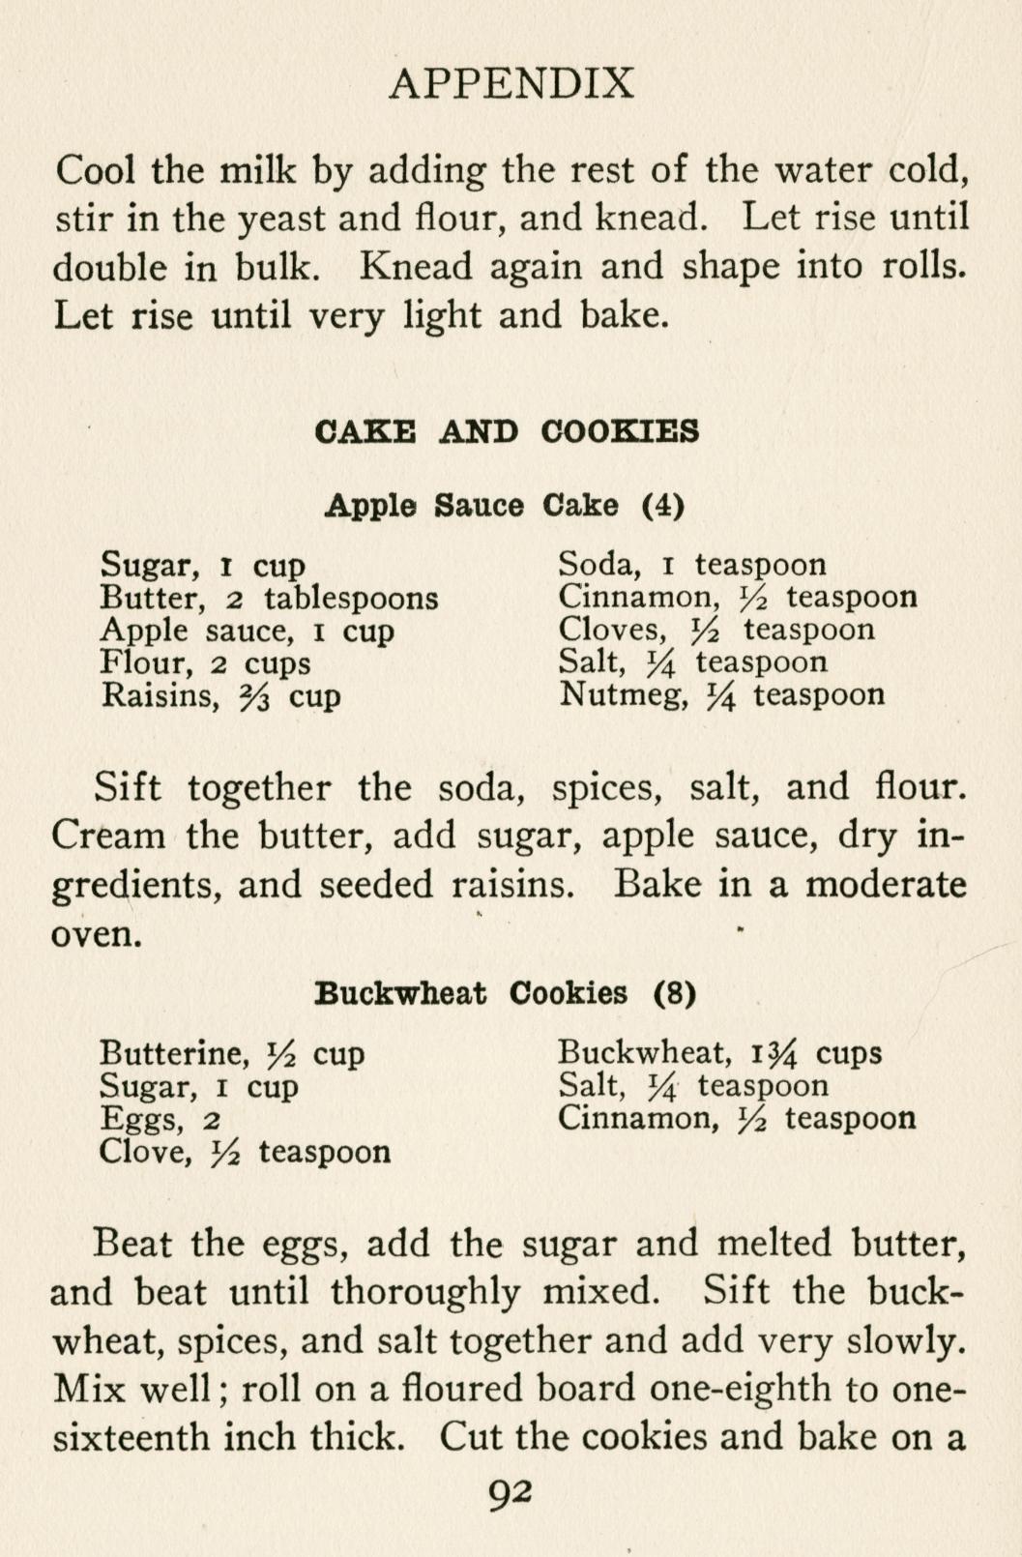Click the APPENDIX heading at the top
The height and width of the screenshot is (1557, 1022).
tap(511, 84)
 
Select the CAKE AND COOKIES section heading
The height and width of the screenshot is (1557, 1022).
tap(507, 430)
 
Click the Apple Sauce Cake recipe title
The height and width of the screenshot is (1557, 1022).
tap(505, 505)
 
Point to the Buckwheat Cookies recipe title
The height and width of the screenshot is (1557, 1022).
tap(506, 993)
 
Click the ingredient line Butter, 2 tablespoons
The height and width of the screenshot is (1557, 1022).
tap(269, 599)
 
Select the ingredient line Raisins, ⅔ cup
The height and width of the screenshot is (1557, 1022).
tap(220, 696)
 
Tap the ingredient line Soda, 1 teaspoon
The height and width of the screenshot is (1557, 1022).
tap(692, 565)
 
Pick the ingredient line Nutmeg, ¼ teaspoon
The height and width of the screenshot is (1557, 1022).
tap(721, 695)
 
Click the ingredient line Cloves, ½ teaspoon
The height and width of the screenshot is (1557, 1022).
tap(715, 631)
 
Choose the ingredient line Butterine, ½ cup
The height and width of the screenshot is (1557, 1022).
tap(232, 1053)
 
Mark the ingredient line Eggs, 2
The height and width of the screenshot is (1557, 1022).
tap(161, 1120)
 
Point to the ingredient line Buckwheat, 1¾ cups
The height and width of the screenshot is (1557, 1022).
tap(719, 1053)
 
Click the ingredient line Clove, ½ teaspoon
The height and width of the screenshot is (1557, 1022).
tap(245, 1153)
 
